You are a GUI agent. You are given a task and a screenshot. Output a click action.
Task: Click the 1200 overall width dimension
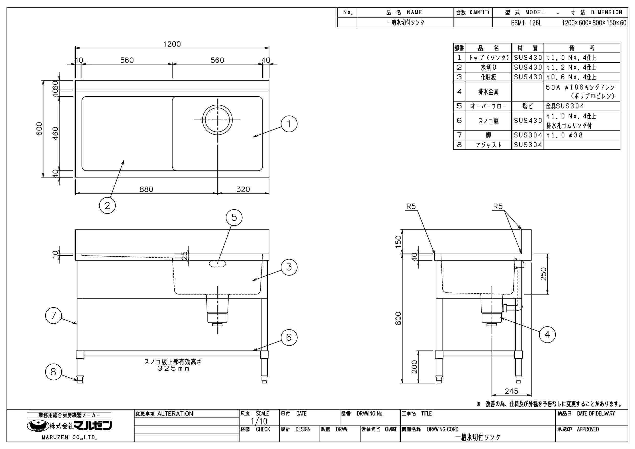172,44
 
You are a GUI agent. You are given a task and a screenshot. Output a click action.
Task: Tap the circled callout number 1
289,124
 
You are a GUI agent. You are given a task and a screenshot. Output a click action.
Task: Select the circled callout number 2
107,205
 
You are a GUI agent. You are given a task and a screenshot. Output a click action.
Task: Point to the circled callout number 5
234,217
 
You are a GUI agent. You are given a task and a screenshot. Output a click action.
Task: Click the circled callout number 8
53,372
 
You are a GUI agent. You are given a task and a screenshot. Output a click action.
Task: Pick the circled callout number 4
547,335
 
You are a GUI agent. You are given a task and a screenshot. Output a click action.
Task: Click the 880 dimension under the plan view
146,189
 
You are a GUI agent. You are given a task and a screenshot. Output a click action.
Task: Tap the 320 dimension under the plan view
243,189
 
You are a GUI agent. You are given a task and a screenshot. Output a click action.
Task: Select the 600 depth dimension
39,128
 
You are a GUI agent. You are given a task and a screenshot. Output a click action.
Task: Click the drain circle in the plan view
217,119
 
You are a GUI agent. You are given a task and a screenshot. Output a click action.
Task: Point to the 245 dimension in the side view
511,391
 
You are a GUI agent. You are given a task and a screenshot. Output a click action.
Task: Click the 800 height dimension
398,318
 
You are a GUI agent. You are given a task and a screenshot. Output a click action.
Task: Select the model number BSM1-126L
526,23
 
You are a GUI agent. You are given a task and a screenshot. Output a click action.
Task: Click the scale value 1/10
259,421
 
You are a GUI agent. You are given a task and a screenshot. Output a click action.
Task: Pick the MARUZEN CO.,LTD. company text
69,438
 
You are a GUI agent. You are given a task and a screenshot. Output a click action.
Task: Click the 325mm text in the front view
173,369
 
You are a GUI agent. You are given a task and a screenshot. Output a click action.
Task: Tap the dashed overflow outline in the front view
217,264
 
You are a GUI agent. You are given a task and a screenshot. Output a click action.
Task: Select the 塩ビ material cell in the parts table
527,106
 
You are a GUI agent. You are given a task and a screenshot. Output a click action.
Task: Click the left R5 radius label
411,206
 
